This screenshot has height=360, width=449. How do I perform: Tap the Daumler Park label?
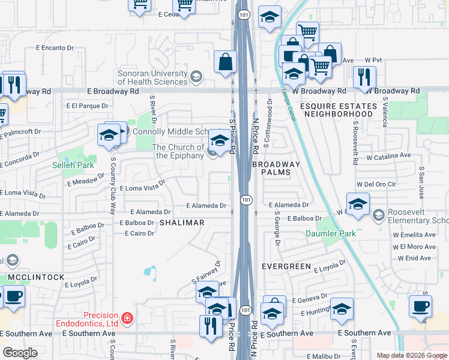coord(331,233)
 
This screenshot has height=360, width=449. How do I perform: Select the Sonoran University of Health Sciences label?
coord(152,77)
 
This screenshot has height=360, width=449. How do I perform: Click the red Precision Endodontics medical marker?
coord(126,317)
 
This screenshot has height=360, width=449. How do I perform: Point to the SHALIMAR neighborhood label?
coord(182,223)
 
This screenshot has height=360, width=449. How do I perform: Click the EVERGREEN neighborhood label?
coord(286,266)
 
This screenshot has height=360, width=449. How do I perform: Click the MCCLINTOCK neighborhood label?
coord(36,277)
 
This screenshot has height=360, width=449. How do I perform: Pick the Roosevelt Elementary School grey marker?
coord(379,214)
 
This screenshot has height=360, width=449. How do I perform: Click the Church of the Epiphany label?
coord(178,151)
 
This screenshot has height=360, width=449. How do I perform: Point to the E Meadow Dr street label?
coord(88,180)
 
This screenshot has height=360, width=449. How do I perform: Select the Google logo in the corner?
coord(20,353)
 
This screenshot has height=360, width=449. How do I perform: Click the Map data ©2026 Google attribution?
coord(411,355)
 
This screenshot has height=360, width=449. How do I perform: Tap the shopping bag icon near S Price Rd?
coord(225,62)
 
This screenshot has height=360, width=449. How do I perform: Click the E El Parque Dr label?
coord(88,106)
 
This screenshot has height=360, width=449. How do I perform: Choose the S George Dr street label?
coord(277,228)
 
